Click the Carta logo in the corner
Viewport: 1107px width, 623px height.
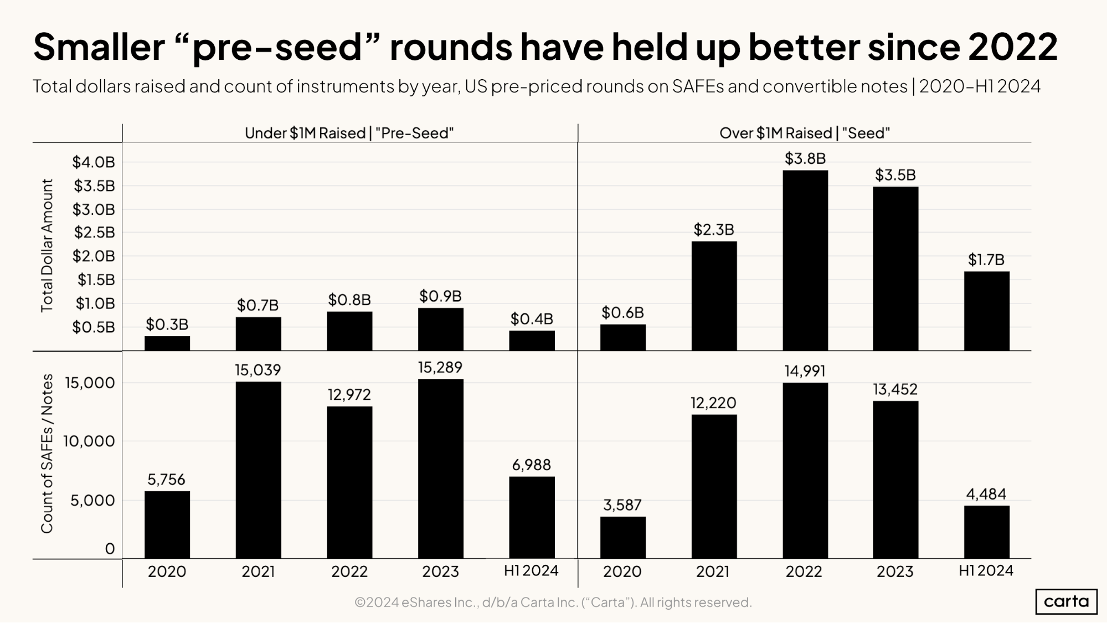coord(1065,601)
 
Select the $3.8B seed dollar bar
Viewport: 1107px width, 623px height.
coord(805,260)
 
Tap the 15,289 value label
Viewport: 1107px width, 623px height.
coord(440,368)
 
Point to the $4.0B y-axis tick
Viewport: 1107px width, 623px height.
coord(94,162)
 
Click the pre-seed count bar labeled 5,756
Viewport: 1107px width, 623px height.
coord(167,524)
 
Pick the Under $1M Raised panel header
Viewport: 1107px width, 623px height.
coord(349,133)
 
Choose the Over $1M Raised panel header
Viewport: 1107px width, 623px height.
coord(804,133)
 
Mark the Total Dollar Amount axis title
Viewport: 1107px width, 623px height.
coord(47,245)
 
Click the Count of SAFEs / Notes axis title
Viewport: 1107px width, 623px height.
coord(47,454)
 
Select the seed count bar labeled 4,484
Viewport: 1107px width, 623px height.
coord(986,532)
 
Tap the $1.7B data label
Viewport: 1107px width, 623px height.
coord(986,260)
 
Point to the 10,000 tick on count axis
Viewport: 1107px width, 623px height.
coord(89,441)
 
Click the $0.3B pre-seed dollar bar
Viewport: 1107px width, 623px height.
coord(167,343)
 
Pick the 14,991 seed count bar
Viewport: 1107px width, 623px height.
coord(805,470)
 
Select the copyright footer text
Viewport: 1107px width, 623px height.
coord(553,602)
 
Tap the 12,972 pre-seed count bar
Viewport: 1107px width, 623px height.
coord(349,482)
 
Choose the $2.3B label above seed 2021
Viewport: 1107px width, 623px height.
coord(713,230)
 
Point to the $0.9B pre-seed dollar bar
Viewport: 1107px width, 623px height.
coord(440,329)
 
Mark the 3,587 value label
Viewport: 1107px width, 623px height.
coord(622,505)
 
